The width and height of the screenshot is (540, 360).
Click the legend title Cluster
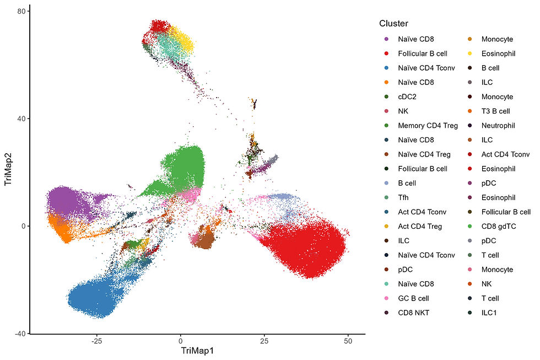tap(393, 24)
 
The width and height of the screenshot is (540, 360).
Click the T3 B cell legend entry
tap(495, 111)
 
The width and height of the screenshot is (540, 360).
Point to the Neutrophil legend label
tap(498, 126)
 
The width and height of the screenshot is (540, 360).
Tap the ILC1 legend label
tap(490, 313)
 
